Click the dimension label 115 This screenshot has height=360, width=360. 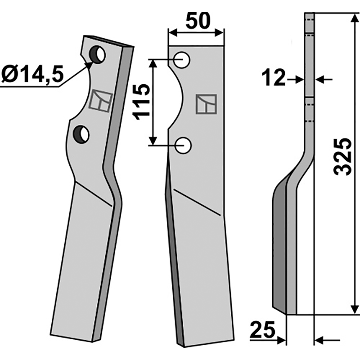[143, 101]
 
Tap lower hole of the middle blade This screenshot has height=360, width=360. [183, 145]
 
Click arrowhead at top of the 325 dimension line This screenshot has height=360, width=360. [355, 18]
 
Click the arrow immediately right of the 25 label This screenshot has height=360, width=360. [282, 339]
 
